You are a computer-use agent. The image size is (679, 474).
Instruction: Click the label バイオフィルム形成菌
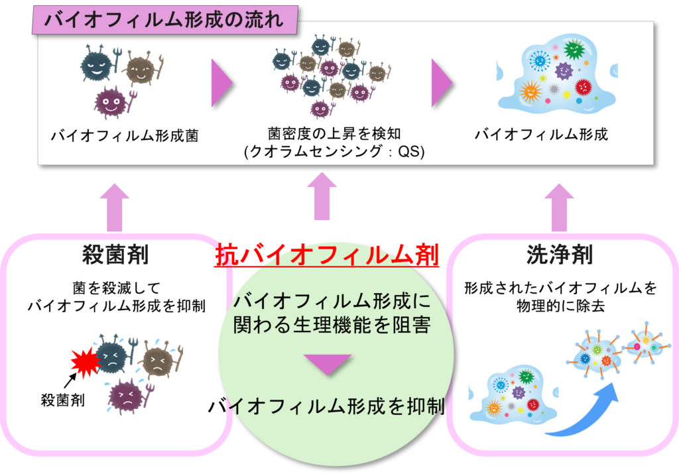click(125, 136)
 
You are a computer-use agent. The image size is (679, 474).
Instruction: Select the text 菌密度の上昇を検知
click(334, 134)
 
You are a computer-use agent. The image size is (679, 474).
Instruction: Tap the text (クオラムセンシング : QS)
click(334, 151)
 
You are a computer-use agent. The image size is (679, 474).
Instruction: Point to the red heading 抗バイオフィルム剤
click(326, 255)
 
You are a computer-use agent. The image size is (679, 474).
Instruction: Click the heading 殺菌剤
click(115, 255)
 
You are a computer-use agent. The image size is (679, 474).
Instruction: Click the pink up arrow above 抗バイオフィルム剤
click(322, 196)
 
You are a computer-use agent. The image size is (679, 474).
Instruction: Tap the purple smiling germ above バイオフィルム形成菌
click(111, 102)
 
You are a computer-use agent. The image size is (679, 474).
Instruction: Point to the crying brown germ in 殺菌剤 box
click(158, 360)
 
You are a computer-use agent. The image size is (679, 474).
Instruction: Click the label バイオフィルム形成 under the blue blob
click(541, 134)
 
